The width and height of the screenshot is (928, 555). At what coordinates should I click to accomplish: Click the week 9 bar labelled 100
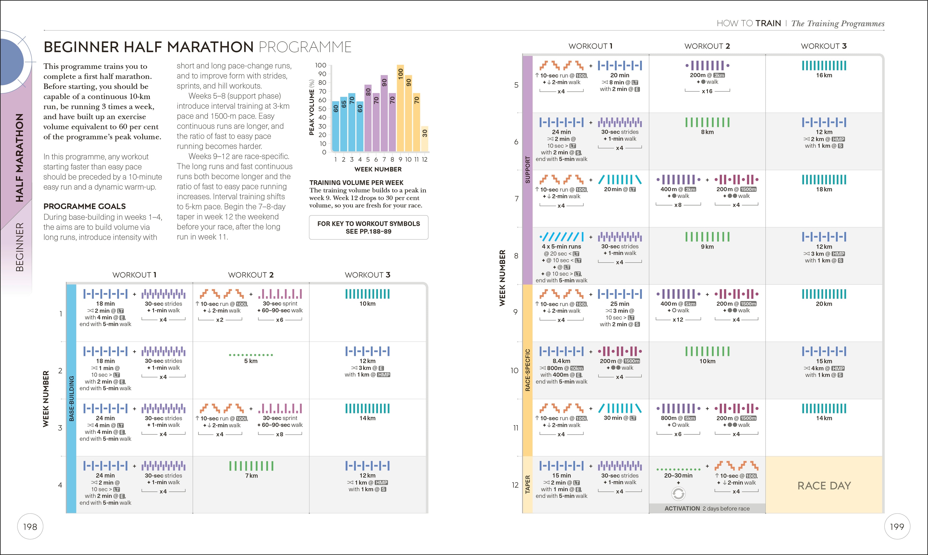tap(400, 109)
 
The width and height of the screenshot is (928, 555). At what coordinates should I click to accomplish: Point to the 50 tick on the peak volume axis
tap(322, 109)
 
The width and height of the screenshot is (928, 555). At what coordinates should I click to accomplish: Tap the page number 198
tap(30, 526)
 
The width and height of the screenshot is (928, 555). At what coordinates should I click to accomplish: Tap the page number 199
tap(897, 526)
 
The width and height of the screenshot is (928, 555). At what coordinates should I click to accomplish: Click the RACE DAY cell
tap(824, 485)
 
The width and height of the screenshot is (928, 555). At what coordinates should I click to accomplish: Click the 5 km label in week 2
tap(251, 361)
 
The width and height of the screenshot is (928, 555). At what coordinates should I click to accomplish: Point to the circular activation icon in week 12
tap(678, 494)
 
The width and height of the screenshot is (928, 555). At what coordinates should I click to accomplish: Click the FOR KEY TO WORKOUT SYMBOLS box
tap(368, 227)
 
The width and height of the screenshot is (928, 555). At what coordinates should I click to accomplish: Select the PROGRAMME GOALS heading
tap(85, 206)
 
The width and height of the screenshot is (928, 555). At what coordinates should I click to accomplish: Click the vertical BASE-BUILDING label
tap(72, 398)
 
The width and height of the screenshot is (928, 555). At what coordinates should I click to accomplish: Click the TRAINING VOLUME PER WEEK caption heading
tap(356, 183)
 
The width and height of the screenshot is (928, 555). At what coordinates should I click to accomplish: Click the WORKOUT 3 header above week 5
tap(824, 46)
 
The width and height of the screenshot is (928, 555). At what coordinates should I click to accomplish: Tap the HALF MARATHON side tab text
tap(19, 157)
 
